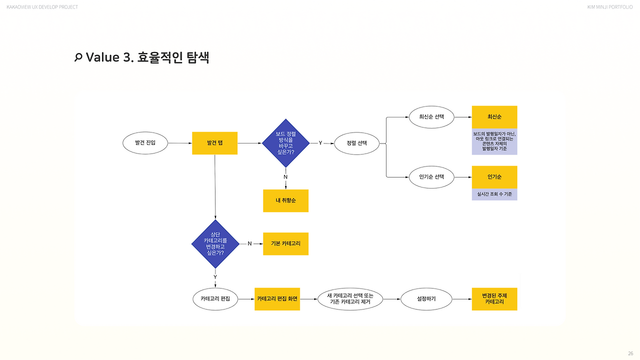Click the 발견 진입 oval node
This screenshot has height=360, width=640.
(x=145, y=143)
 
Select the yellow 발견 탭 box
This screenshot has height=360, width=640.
(x=214, y=143)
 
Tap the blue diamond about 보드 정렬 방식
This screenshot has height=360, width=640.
(x=285, y=143)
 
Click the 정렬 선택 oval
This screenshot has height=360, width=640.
(x=357, y=143)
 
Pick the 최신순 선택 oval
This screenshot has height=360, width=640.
(x=431, y=117)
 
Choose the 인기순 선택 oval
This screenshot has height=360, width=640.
(x=431, y=177)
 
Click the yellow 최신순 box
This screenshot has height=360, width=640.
(x=494, y=117)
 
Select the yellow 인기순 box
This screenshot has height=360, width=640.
(x=494, y=177)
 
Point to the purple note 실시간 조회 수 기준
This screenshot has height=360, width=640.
(x=494, y=194)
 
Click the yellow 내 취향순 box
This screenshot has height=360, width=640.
(x=285, y=200)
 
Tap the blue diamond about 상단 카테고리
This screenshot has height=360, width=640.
(x=215, y=243)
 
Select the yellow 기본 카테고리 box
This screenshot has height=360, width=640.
(x=285, y=243)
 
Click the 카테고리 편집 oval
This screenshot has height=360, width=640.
(x=215, y=299)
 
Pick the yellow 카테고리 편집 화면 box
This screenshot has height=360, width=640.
(x=277, y=299)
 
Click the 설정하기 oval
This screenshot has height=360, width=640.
(x=426, y=299)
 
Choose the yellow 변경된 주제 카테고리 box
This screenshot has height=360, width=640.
(x=494, y=299)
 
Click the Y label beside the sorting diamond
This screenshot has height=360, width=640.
(x=320, y=143)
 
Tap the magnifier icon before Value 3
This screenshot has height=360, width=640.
(x=78, y=57)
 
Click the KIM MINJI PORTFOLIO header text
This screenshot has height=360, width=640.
(x=610, y=7)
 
